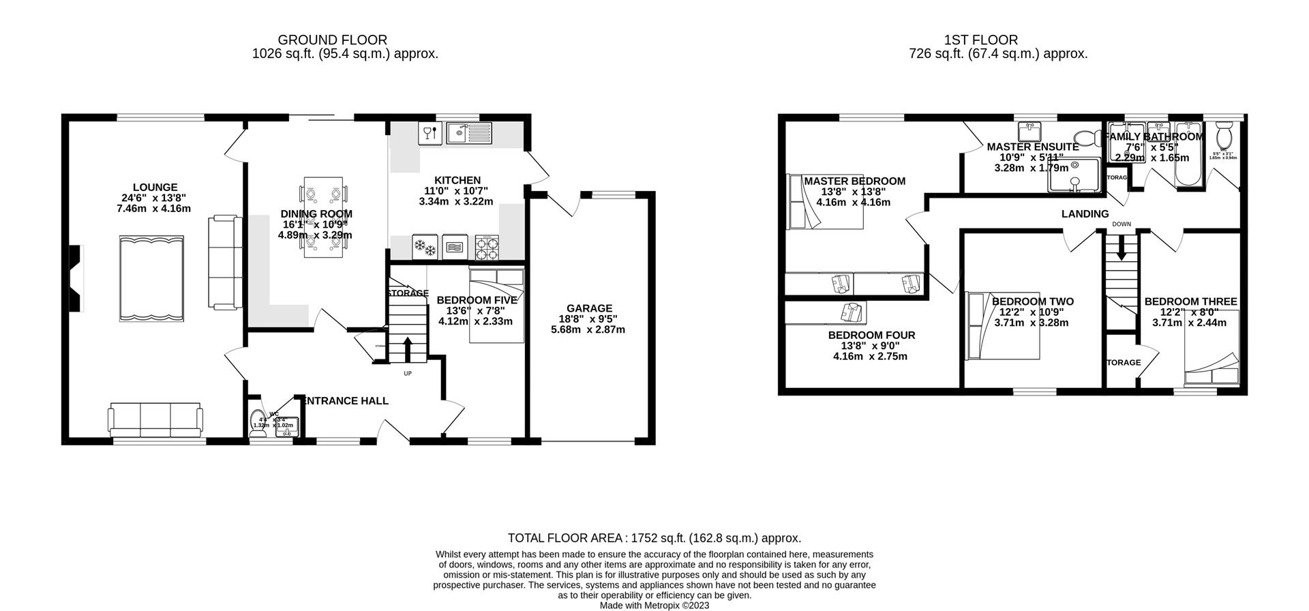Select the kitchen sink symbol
click(x=468, y=133)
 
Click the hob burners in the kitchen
click(x=487, y=248)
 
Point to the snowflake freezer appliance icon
click(x=425, y=248)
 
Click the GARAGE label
click(x=589, y=308)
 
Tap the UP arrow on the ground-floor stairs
click(x=408, y=348)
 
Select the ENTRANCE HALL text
click(x=346, y=401)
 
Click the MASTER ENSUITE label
click(x=1032, y=147)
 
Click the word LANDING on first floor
click(x=1085, y=214)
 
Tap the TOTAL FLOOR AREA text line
click(x=654, y=538)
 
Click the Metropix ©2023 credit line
click(x=654, y=605)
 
